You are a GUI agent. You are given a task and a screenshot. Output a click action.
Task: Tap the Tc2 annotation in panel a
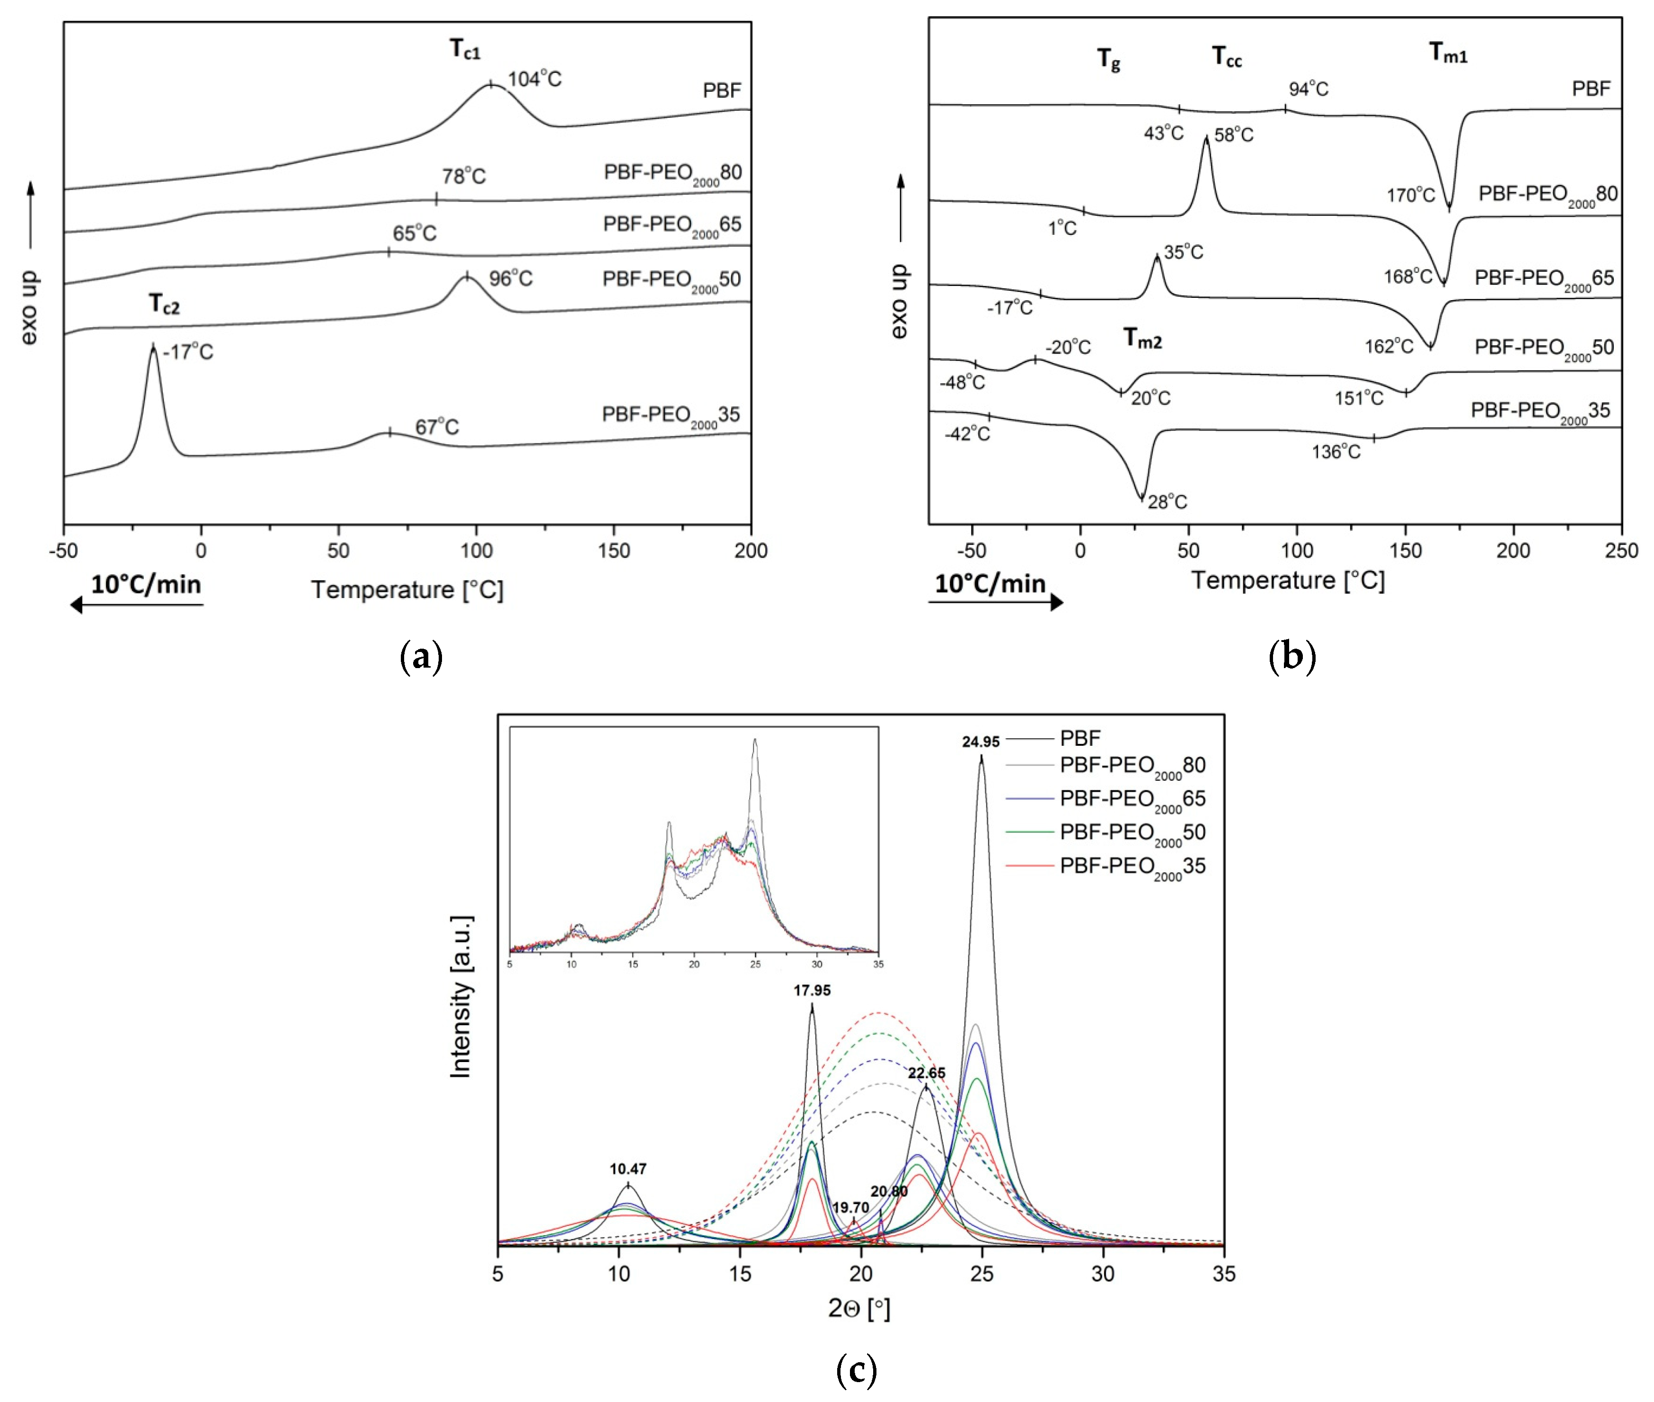164,304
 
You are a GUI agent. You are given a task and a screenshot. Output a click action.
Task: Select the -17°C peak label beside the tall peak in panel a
188,352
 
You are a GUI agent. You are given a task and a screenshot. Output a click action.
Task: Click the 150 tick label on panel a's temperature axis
613,551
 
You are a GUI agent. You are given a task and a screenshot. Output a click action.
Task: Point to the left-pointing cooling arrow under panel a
137,605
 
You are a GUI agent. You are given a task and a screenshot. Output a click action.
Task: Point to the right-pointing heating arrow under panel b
995,602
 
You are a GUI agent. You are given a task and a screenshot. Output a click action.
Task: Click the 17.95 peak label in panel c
812,991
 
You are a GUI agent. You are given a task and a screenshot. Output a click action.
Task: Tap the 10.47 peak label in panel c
628,1169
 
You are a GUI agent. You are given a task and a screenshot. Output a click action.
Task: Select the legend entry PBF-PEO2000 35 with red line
1132,866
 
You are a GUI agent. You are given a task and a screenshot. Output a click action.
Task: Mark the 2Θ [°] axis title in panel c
859,1308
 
